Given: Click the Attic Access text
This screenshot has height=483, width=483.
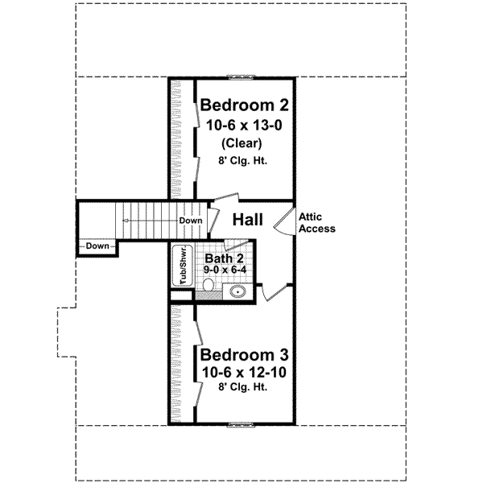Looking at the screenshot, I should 316,222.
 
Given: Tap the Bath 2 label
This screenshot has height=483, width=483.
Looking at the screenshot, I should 224,258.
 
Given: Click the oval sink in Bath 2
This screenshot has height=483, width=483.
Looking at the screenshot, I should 237,291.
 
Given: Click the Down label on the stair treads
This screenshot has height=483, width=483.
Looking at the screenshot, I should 190,220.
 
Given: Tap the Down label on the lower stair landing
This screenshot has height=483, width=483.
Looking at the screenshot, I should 97,246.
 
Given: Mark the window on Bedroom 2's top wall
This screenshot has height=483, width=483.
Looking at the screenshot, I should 241,77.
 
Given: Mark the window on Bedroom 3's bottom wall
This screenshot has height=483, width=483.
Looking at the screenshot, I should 241,423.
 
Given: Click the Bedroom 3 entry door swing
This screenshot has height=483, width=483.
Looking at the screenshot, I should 278,292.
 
